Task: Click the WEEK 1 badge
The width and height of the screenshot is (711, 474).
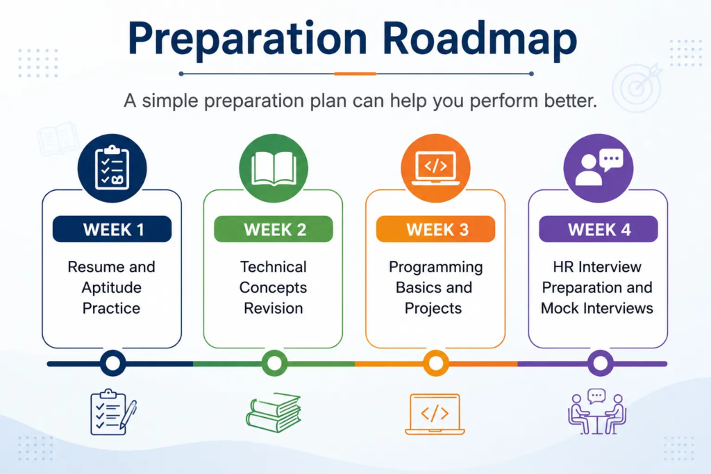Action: [x=112, y=229]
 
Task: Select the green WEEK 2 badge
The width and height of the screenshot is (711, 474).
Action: [x=274, y=229]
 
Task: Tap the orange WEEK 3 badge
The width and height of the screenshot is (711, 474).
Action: [x=436, y=229]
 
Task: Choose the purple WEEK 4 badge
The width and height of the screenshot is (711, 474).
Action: [x=598, y=229]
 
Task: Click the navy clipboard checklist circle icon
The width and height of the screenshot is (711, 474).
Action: [x=112, y=168]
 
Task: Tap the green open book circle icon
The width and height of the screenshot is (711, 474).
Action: [x=274, y=168]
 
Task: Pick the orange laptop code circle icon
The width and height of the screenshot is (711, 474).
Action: [x=436, y=168]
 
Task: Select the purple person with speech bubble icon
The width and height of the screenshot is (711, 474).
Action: [x=599, y=168]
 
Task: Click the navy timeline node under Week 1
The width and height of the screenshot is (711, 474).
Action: [x=112, y=363]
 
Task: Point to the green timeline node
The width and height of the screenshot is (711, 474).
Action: [x=274, y=363]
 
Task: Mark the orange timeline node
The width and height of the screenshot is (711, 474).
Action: [x=436, y=363]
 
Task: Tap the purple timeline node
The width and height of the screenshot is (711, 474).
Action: [x=601, y=363]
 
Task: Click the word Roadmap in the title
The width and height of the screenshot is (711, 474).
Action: [x=480, y=40]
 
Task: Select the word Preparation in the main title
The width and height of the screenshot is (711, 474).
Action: [x=248, y=40]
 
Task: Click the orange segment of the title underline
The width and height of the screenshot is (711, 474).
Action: [x=355, y=74]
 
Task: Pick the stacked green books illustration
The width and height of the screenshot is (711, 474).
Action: [x=274, y=412]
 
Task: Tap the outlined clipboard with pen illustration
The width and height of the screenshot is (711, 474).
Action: [x=113, y=412]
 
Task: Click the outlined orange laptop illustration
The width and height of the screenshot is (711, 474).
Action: [x=435, y=414]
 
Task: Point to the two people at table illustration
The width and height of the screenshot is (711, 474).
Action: [x=597, y=412]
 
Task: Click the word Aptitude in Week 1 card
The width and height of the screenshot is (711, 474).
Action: [x=112, y=288]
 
